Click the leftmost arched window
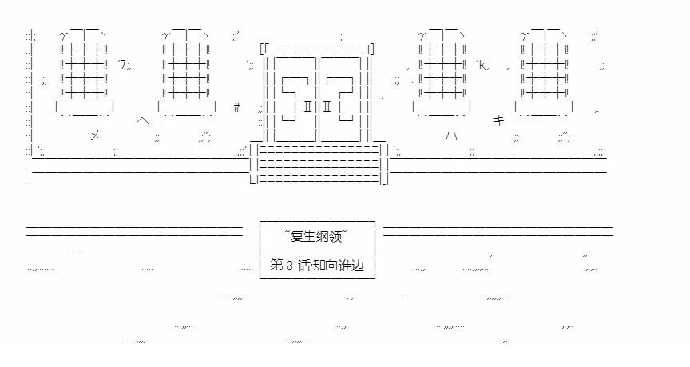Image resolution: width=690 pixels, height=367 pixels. (84, 68)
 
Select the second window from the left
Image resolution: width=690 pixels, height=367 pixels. (186, 68)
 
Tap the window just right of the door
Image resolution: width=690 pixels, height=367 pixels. (442, 68)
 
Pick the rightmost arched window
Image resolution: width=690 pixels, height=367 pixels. (544, 68)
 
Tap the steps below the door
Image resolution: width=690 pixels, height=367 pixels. (319, 164)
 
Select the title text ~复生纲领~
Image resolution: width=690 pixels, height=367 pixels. (317, 235)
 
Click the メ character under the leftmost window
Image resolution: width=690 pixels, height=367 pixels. (94, 135)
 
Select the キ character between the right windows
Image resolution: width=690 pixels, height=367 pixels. (498, 120)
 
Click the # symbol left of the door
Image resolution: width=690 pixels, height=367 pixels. (237, 107)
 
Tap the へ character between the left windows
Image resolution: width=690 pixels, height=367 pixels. (143, 120)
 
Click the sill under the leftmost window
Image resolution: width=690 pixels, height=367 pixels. (84, 106)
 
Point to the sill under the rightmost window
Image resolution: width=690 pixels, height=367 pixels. (544, 106)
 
